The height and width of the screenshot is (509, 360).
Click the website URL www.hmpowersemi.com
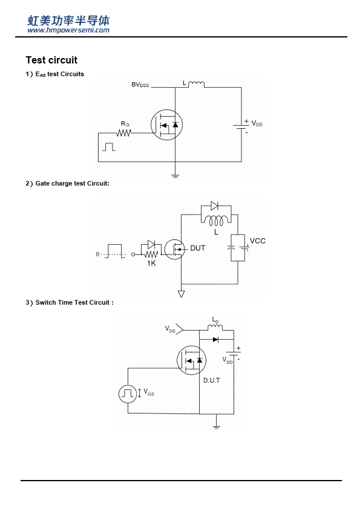pos(68,30)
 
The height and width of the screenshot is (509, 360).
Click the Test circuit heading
pos(51,60)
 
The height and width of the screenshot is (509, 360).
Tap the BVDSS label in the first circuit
pos(140,85)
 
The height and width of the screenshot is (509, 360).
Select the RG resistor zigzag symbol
pos(124,133)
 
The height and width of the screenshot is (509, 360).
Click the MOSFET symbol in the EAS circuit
pos(166,125)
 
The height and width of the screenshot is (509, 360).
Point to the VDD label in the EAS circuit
pos(257,124)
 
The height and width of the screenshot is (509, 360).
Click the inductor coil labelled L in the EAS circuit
pos(197,85)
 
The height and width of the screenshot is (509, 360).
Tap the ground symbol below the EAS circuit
pos(175,177)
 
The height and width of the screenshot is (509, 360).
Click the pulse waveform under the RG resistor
pos(109,147)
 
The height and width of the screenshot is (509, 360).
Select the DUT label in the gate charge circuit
pos(197,248)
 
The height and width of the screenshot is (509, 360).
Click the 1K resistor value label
pos(151,263)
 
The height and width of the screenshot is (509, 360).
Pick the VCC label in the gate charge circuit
pos(258,241)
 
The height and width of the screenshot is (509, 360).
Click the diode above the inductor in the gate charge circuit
pos(214,206)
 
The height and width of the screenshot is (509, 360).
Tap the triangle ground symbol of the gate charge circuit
pos(182,294)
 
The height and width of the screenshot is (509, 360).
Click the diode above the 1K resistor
pos(151,244)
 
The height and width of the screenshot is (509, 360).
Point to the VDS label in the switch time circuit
pos(170,329)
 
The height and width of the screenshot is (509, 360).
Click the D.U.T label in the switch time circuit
pos(212,380)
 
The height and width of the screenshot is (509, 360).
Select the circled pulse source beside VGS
pos(128,394)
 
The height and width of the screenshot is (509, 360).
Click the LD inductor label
pos(215,320)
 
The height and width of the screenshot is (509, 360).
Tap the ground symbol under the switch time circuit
pos(217,427)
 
